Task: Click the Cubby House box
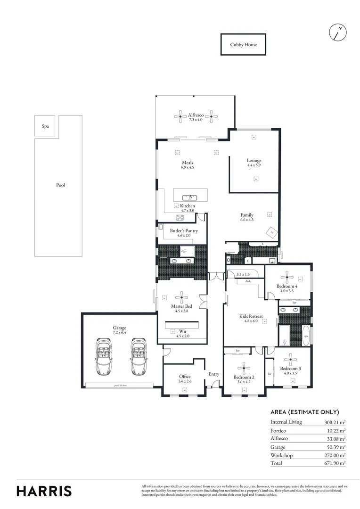(243, 45)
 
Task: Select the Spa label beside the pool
(46, 126)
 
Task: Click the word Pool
(60, 185)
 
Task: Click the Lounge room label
(254, 161)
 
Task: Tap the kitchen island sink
(190, 197)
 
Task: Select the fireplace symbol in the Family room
(272, 232)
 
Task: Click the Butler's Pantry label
(184, 231)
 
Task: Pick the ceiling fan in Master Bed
(181, 296)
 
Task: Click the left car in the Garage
(102, 356)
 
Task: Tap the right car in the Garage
(138, 356)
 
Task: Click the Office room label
(185, 377)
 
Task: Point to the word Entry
(214, 374)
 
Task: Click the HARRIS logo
(44, 491)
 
